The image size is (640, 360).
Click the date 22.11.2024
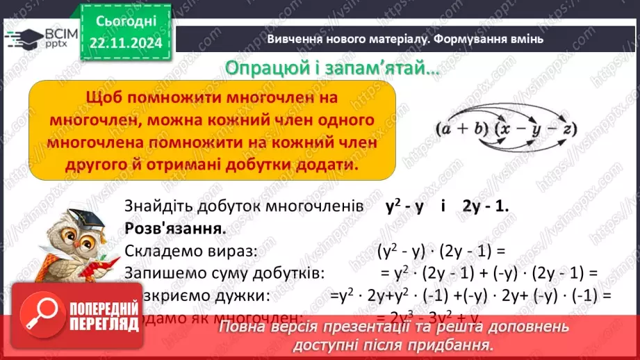click(x=125, y=44)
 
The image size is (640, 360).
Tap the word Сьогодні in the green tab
click(x=125, y=21)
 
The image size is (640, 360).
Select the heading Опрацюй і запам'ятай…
click(x=329, y=69)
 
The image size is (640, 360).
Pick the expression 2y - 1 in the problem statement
click(x=484, y=206)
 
